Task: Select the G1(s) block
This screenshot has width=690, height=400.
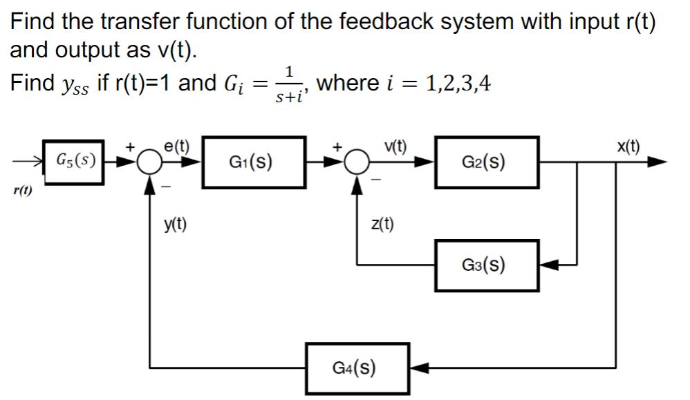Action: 254,162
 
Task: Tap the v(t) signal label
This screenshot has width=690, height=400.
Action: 397,146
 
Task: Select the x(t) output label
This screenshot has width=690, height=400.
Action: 628,146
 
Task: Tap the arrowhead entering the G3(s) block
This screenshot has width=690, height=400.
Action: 548,265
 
